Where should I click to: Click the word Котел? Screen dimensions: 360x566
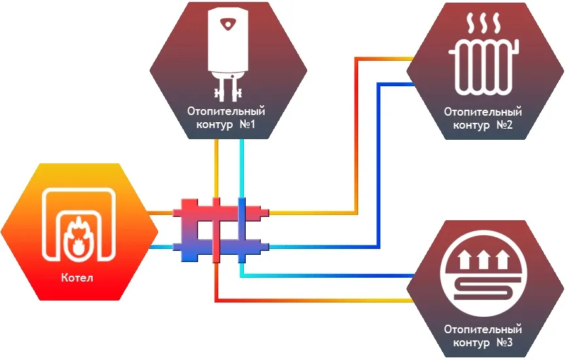pyautogui.click(x=79, y=278)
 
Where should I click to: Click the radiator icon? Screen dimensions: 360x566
pyautogui.click(x=483, y=67)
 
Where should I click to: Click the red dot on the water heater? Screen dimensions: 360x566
pyautogui.click(x=228, y=25)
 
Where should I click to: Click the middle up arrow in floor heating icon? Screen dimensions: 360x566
pyautogui.click(x=484, y=261)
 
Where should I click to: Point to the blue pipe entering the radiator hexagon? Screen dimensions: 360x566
pyautogui.click(x=399, y=83)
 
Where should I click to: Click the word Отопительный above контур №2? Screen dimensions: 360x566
pyautogui.click(x=483, y=112)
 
